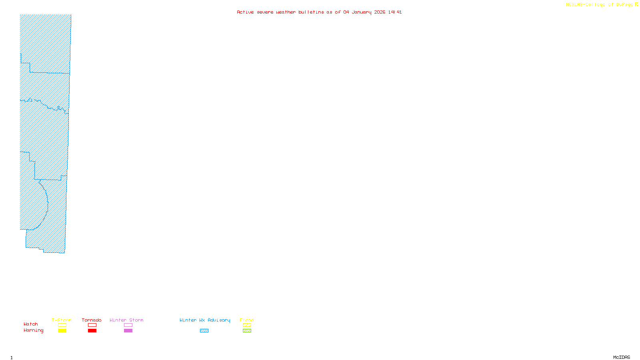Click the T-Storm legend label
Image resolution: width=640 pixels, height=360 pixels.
click(62, 320)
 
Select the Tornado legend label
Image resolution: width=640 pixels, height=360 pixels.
click(92, 320)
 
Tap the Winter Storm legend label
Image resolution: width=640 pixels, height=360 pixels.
click(126, 320)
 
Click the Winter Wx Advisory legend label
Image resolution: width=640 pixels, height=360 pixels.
click(205, 320)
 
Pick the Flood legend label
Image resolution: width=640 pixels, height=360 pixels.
click(247, 320)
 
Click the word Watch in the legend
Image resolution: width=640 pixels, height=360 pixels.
click(31, 324)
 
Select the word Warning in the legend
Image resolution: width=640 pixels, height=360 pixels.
click(34, 330)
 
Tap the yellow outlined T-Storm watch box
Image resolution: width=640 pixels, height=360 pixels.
click(62, 325)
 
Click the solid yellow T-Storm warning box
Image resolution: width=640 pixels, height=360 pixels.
click(62, 331)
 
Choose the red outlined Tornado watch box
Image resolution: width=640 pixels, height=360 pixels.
click(92, 325)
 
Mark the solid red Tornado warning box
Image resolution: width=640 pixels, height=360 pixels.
click(92, 331)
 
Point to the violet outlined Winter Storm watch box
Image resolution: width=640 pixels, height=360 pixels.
click(128, 325)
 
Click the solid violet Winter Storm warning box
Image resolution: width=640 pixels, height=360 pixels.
click(128, 331)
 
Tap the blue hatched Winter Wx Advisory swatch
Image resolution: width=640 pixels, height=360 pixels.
click(204, 331)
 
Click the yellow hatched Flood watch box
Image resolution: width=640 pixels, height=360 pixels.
click(247, 325)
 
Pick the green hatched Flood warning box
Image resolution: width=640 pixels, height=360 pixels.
click(247, 331)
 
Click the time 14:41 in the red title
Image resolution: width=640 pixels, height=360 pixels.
click(395, 12)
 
